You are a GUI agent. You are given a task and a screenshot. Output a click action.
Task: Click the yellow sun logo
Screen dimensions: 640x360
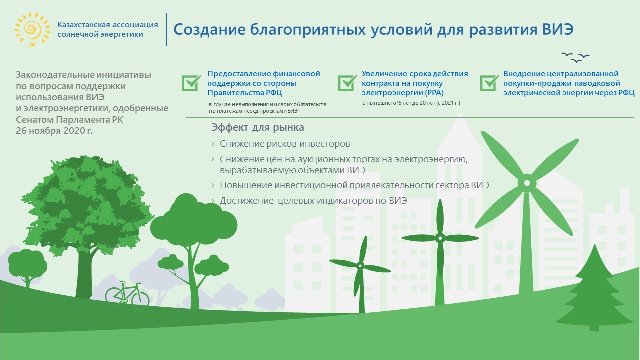click(32, 29)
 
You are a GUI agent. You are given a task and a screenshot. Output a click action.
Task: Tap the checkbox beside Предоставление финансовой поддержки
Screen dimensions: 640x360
click(191, 83)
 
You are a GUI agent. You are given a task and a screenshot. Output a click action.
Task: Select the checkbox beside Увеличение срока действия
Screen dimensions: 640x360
click(347, 83)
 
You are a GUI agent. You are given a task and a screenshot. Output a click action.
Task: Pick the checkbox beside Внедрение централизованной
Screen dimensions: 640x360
click(489, 83)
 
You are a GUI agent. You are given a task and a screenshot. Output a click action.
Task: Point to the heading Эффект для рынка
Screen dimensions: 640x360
click(257, 127)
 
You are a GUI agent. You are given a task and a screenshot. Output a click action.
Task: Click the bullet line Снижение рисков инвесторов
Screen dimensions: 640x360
click(285, 144)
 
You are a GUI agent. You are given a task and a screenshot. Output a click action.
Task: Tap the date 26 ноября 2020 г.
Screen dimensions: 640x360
click(54, 131)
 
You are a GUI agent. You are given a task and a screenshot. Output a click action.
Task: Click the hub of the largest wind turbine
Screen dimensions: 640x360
click(527, 183)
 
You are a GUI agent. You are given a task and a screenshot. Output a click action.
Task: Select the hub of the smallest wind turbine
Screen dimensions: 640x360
click(360, 266)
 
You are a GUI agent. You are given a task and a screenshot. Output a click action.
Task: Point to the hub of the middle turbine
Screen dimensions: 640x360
click(440, 238)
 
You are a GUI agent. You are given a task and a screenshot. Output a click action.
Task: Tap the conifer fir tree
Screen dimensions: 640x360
click(594, 288)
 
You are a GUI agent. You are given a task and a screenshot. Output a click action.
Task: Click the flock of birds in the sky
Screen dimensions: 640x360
click(575, 57)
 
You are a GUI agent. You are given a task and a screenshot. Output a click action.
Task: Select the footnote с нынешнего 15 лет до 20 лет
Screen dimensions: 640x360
click(411, 103)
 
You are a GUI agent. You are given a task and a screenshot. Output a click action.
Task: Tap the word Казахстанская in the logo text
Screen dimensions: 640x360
click(84, 25)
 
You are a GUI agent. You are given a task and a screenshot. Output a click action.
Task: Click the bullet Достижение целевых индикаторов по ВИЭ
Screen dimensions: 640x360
click(313, 201)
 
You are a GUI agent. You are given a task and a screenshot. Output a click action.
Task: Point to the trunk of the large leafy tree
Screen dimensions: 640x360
click(85, 274)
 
